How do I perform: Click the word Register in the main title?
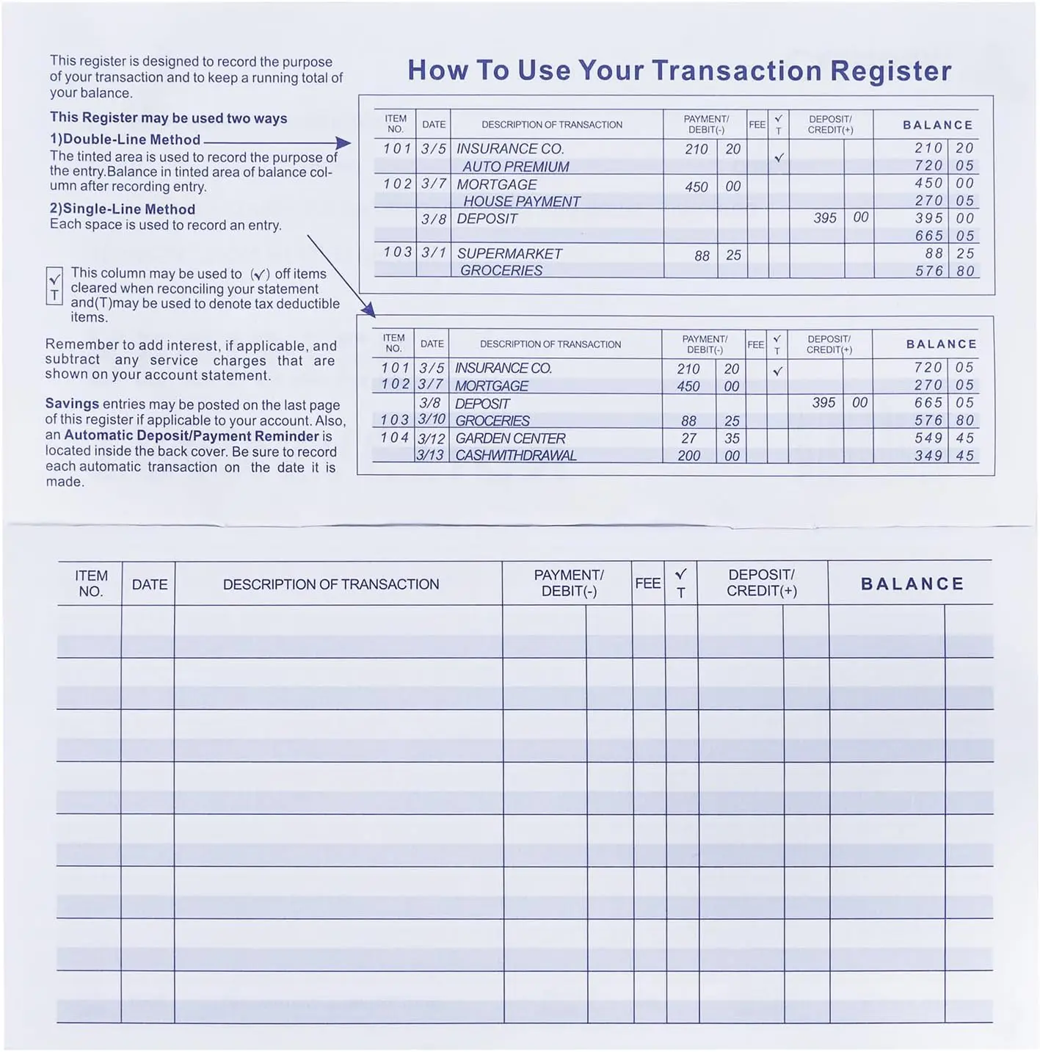tap(890, 70)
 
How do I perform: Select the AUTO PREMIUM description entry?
tap(516, 167)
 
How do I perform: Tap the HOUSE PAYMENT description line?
tap(521, 201)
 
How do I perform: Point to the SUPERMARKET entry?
tap(509, 253)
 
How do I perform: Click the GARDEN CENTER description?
tap(510, 438)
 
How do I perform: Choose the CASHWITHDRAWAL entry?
tap(515, 455)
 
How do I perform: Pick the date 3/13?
tap(430, 455)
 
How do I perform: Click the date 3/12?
tap(432, 438)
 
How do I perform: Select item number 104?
tap(394, 438)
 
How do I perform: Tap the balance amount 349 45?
tap(944, 455)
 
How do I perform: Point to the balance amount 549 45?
tap(944, 438)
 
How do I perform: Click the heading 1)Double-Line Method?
tap(125, 139)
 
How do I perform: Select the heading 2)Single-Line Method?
tap(123, 209)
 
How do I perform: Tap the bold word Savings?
tap(72, 404)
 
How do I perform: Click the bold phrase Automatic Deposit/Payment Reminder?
tap(192, 435)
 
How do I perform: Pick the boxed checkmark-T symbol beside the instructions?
tap(54, 287)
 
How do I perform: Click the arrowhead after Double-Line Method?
tap(343, 143)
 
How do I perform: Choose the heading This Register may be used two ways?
tap(168, 117)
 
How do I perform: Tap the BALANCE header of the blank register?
tap(912, 584)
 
